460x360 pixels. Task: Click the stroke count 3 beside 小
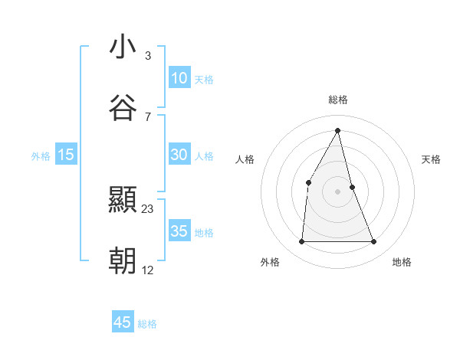[148, 56]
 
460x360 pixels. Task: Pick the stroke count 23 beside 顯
[148, 209]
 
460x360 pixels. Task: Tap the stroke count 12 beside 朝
[148, 270]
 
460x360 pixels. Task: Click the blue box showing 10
[179, 78]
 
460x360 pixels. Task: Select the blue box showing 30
[179, 155]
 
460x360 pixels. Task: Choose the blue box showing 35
[179, 231]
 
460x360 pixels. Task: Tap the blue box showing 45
[123, 322]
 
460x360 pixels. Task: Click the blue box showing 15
[66, 155]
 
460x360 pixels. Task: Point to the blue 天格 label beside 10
[204, 80]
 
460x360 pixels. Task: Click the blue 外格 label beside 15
[41, 156]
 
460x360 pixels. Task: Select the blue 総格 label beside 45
[147, 324]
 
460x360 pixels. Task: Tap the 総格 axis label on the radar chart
[338, 100]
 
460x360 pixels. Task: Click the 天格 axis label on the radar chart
[432, 159]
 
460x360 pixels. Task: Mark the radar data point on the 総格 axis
[338, 129]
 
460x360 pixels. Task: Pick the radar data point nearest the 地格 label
[374, 242]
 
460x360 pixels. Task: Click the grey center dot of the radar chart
[338, 191]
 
